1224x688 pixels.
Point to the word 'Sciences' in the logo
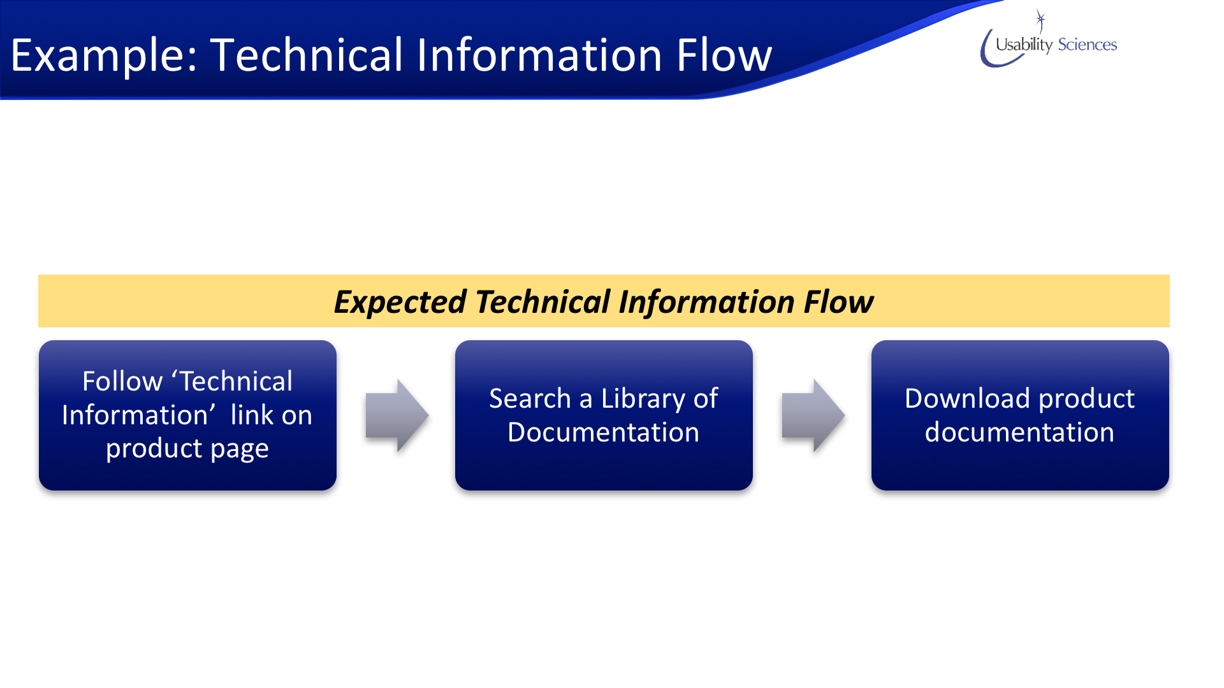pyautogui.click(x=1088, y=45)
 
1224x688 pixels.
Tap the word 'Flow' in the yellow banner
pyautogui.click(x=838, y=301)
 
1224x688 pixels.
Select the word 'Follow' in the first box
pyautogui.click(x=122, y=381)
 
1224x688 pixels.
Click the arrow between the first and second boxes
pyautogui.click(x=397, y=415)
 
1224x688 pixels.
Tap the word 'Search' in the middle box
pyautogui.click(x=530, y=398)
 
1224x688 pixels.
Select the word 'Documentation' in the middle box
pyautogui.click(x=604, y=432)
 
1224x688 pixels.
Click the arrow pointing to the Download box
pyautogui.click(x=813, y=415)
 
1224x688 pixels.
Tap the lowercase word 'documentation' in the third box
pyautogui.click(x=1020, y=432)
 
